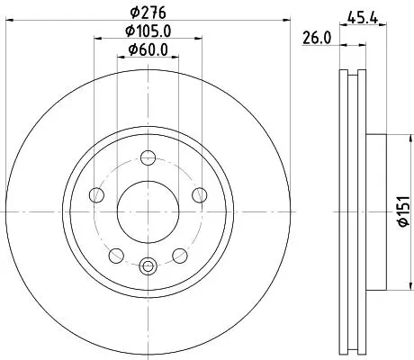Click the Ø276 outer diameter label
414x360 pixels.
148,12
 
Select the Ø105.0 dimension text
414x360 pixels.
148,31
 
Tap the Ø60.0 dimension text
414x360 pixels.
148,49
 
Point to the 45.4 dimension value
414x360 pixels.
362,18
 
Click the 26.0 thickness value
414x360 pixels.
317,39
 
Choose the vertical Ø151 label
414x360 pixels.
403,211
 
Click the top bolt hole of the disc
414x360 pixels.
148,157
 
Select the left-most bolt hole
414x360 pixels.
96,195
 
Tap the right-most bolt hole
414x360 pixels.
200,195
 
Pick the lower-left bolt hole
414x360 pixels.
116,256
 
